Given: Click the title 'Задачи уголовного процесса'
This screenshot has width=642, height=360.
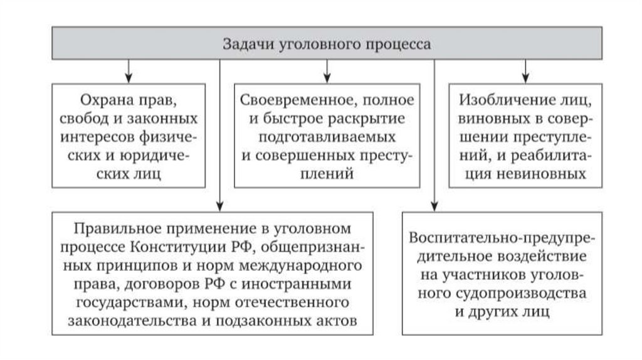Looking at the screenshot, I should [x=327, y=45].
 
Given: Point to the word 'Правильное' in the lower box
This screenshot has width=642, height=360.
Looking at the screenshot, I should [x=111, y=228].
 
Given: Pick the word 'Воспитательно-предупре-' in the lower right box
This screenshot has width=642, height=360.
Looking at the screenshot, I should [x=503, y=239].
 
